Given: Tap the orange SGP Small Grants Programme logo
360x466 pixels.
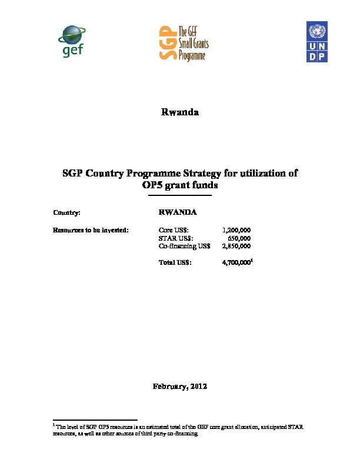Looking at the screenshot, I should [185, 42].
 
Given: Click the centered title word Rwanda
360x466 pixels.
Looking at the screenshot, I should [180, 112].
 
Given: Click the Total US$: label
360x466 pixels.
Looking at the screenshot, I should [175, 262].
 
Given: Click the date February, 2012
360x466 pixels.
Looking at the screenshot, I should [179, 387].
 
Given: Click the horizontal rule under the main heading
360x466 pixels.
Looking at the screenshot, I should [180, 196].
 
